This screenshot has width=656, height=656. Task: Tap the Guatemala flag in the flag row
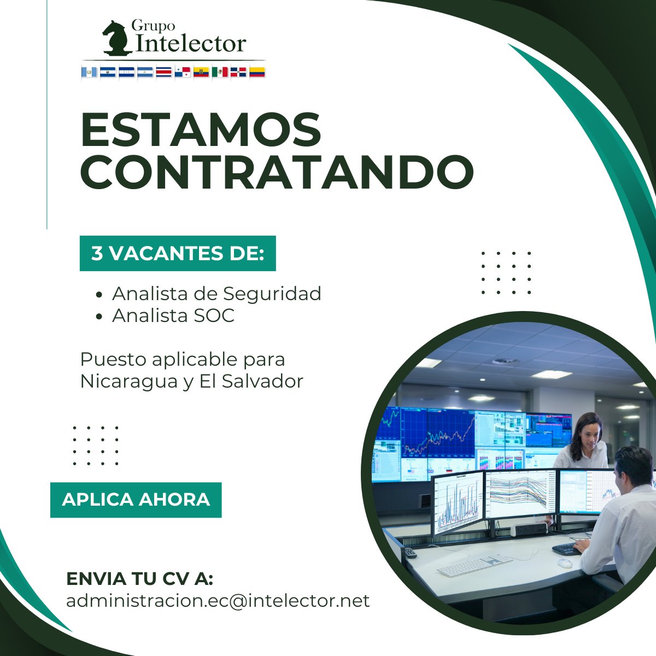coord(89,72)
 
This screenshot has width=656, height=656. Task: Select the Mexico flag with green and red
coord(220,72)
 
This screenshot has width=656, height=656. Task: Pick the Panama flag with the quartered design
coord(183,72)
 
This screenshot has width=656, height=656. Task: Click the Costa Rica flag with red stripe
coord(163,72)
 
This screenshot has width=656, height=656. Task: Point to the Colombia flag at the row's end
coord(257,72)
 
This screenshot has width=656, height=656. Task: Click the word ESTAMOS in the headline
coord(201,130)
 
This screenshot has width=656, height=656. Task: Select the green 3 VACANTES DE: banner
coord(178,254)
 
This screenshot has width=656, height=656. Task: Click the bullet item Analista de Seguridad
coord(216,294)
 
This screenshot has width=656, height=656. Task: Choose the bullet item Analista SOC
coord(173,315)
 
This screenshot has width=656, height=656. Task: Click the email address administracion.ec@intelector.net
coord(218,600)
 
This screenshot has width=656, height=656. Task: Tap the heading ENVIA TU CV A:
coord(139,578)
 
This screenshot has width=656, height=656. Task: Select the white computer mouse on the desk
coord(564,563)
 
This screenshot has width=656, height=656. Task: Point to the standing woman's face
coord(587,434)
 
